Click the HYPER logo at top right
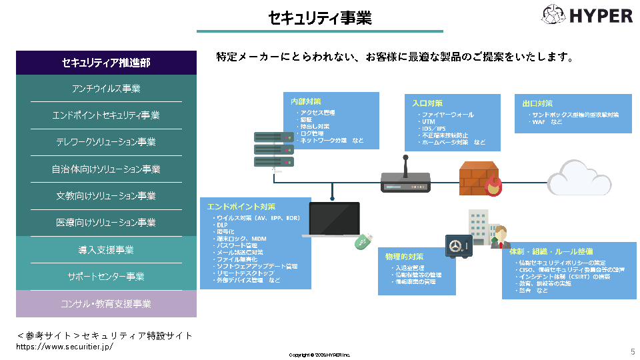coord(587,15)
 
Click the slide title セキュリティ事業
coord(319,18)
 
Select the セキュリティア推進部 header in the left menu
coord(106,63)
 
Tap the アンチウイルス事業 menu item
coord(106,89)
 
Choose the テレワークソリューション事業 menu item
coord(106,142)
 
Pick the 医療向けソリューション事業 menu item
coord(106,223)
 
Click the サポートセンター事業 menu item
coord(106,277)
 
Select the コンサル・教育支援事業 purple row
coord(106,304)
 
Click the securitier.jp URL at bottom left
coord(65,347)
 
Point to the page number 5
coord(632,351)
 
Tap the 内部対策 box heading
coord(306,102)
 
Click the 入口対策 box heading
coord(427,103)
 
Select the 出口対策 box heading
coord(537,103)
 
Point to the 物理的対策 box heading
coord(404,257)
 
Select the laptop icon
coord(333,219)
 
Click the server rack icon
coord(274,150)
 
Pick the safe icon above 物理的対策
coord(459,247)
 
